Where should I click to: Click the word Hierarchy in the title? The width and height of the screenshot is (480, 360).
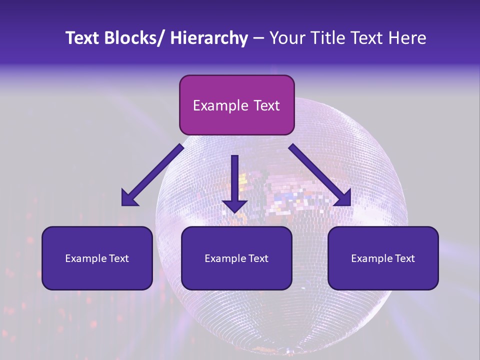pos(209,38)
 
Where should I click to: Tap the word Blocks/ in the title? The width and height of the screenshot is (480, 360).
pos(132,38)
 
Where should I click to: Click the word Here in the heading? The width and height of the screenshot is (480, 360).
pos(407,38)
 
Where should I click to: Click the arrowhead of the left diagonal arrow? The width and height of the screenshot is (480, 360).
pos(129,198)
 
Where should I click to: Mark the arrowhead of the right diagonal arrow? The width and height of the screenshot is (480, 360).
pos(343,198)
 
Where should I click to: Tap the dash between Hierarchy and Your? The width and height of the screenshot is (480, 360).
pos(258,39)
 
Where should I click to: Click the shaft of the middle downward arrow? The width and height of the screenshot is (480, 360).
pos(234,175)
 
